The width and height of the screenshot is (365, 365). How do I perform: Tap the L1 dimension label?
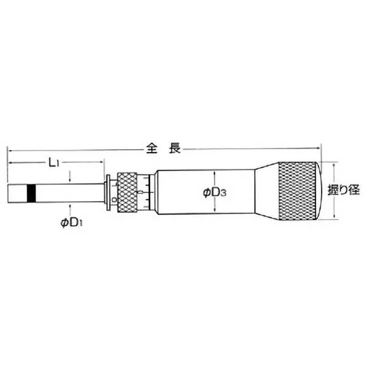pos(54,162)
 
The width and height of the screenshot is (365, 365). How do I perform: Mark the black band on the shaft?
pos(31,193)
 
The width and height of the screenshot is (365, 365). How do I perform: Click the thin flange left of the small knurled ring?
pos(108,193)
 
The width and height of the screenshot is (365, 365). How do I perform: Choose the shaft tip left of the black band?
pos(18,193)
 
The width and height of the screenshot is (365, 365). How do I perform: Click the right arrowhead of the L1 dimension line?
pos(102,162)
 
